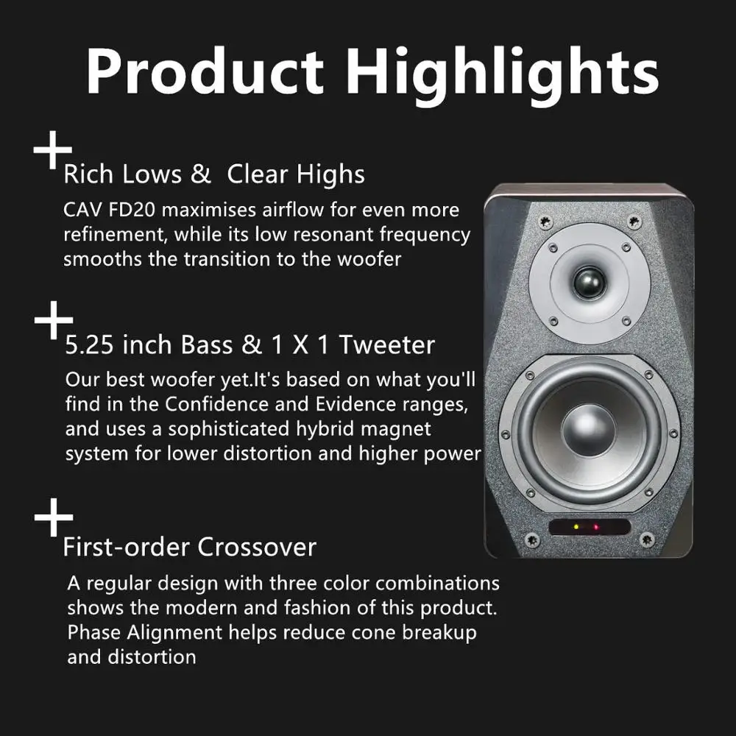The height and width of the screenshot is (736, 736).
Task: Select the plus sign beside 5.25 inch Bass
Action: (54, 321)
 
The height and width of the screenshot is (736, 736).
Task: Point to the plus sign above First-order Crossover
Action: (54, 517)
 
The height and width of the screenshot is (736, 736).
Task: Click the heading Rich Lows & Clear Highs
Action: (213, 174)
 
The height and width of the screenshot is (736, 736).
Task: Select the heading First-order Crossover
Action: (189, 547)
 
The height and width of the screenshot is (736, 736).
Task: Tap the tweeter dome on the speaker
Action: (589, 283)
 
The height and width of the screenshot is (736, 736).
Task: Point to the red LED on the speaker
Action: (596, 527)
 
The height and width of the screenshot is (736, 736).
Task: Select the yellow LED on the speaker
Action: (576, 527)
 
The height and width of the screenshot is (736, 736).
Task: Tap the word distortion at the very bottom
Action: (132, 657)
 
